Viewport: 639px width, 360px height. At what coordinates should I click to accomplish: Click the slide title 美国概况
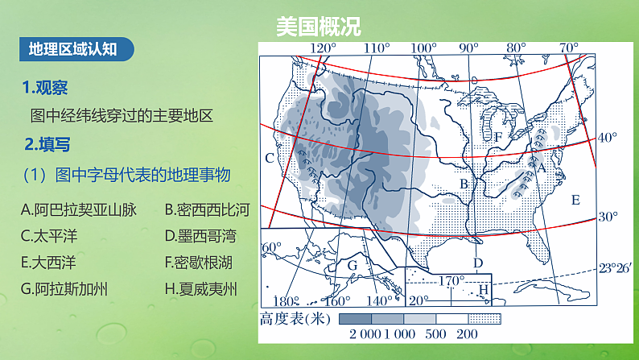[x=319, y=26]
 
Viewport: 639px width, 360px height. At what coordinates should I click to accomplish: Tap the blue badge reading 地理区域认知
[x=73, y=48]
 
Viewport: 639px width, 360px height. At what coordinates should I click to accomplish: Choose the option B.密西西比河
[x=207, y=210]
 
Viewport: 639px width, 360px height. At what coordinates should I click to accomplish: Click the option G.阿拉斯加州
[x=65, y=288]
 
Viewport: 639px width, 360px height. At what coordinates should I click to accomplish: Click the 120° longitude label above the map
[x=323, y=48]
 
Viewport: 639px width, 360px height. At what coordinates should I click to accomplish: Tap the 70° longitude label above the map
[x=569, y=48]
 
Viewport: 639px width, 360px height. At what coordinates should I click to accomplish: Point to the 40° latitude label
[x=607, y=138]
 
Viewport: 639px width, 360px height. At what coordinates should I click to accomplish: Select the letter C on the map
[x=270, y=157]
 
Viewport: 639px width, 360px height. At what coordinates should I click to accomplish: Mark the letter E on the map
[x=575, y=200]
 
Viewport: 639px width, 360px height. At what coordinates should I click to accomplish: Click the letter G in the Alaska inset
[x=352, y=265]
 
